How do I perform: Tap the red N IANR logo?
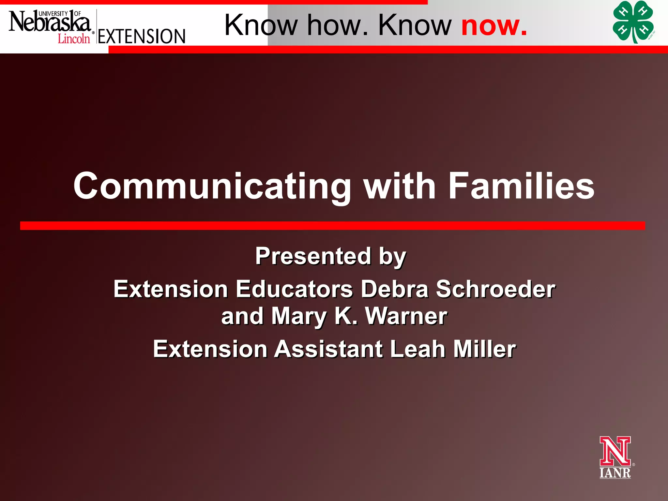[615, 457]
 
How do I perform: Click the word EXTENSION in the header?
[142, 37]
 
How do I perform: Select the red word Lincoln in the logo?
[74, 39]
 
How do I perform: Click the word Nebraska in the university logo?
[49, 22]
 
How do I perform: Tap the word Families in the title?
[521, 186]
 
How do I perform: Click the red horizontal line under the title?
[333, 226]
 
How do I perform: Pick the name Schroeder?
[495, 289]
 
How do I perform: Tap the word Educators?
[294, 289]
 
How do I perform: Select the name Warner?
[406, 316]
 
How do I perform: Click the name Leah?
[417, 349]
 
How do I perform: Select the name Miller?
[485, 349]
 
